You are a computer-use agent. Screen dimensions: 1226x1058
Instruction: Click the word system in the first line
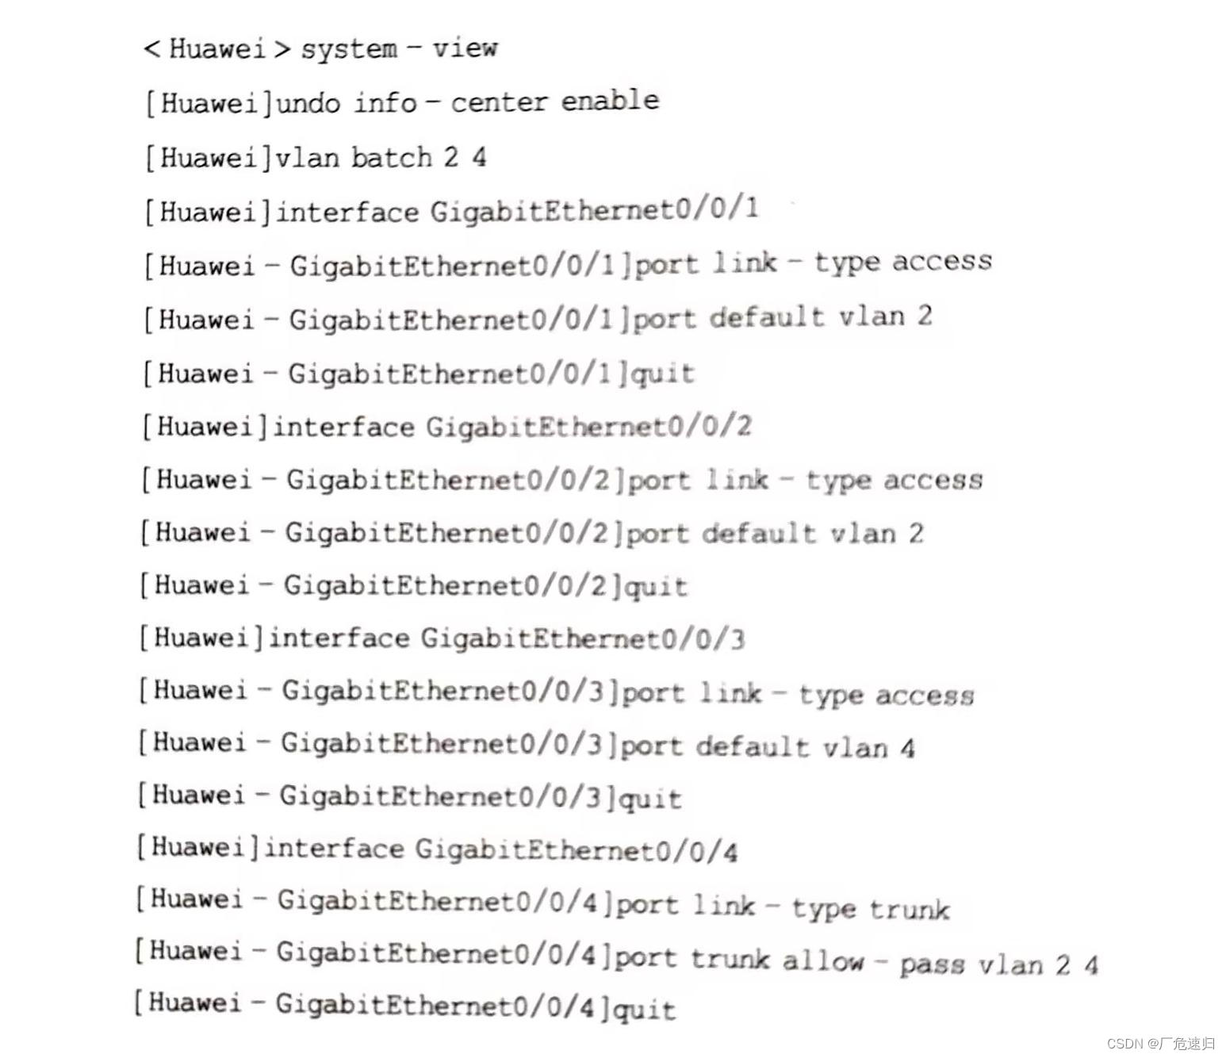(349, 49)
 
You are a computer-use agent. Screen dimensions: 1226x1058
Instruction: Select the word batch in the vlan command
(392, 157)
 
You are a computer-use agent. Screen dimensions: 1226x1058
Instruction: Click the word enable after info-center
(610, 101)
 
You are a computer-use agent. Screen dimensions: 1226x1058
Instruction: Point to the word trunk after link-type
(909, 909)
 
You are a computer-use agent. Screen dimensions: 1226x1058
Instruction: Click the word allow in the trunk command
(822, 961)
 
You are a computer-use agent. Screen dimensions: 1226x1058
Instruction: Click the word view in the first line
(465, 48)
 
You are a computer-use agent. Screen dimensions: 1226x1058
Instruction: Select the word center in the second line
(499, 102)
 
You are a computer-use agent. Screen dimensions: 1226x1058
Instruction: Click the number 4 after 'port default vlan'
(907, 748)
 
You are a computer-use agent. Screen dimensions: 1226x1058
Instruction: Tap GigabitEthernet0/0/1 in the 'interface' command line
(594, 210)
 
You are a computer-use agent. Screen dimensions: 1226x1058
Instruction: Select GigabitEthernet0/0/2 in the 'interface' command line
(588, 427)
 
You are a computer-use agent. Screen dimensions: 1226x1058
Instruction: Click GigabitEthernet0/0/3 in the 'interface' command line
(583, 638)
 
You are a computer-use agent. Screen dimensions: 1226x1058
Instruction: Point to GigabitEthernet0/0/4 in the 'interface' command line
(577, 850)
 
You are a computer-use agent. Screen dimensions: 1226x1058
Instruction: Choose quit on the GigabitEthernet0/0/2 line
(656, 586)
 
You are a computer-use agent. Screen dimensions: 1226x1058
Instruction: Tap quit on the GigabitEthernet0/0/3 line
(650, 799)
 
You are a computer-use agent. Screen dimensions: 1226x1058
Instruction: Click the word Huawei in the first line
(217, 48)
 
